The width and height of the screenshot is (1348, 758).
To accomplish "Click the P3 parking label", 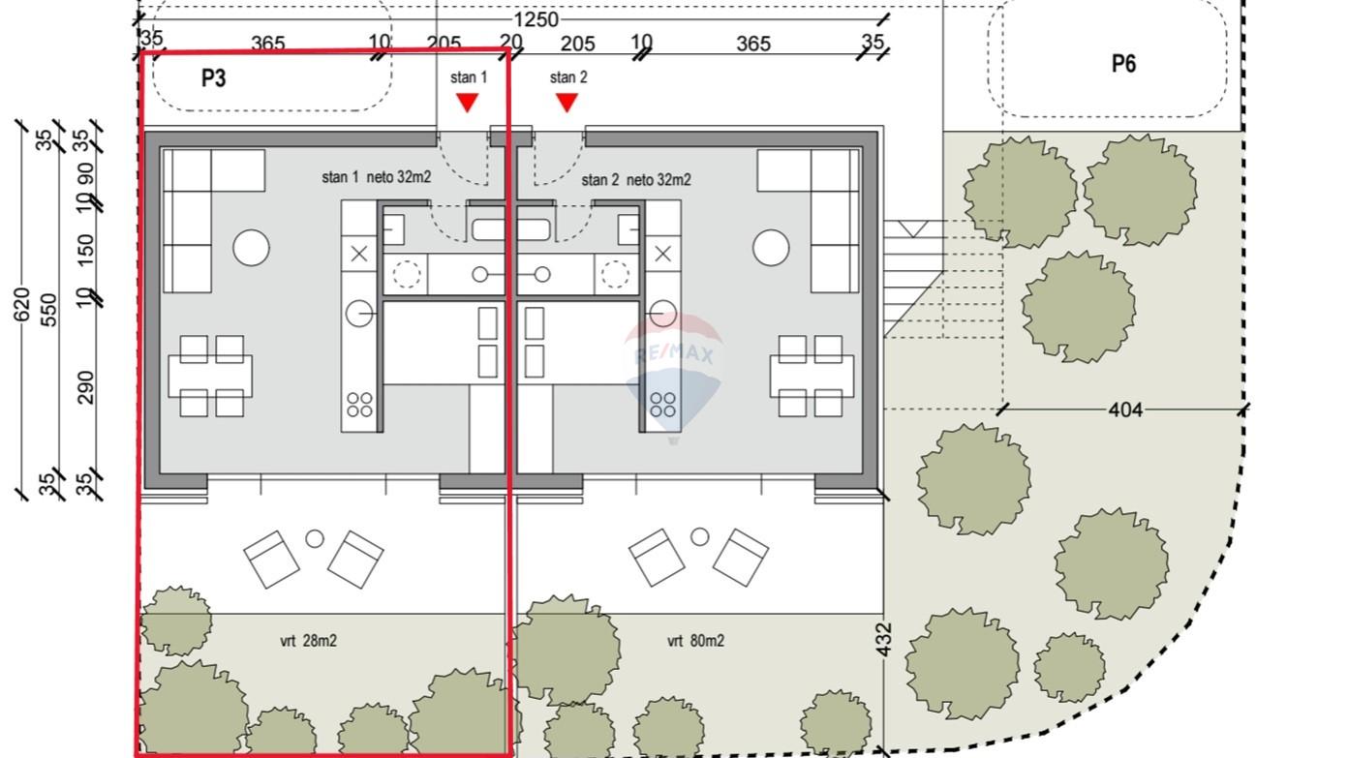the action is (214, 78).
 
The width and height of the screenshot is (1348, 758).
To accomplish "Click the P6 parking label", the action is (1123, 64).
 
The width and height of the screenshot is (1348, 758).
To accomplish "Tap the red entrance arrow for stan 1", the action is (467, 103).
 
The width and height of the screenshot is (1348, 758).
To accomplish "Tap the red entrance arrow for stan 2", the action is (567, 103).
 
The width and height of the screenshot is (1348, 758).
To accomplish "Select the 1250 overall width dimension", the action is (536, 20).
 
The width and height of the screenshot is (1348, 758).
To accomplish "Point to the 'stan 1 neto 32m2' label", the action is (376, 177).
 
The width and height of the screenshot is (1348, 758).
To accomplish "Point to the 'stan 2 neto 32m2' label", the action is (636, 180).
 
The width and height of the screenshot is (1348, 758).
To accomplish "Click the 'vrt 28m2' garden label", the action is (308, 641).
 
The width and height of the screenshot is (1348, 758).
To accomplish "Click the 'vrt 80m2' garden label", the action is (695, 641).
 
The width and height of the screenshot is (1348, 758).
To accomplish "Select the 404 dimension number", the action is (1124, 410).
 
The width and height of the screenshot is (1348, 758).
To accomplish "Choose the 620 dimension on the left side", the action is (21, 304).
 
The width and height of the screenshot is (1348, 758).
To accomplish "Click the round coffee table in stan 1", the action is (251, 248).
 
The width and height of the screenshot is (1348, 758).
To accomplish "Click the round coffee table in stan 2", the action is (771, 248).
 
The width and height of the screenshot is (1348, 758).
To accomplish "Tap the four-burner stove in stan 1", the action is (359, 405).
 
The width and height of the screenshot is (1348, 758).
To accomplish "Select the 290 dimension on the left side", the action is (86, 387).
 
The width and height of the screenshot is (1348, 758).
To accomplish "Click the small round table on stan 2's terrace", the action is (699, 536).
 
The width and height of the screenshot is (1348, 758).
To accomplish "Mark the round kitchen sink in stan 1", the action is (359, 314).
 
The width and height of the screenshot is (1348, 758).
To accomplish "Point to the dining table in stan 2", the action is (812, 377).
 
